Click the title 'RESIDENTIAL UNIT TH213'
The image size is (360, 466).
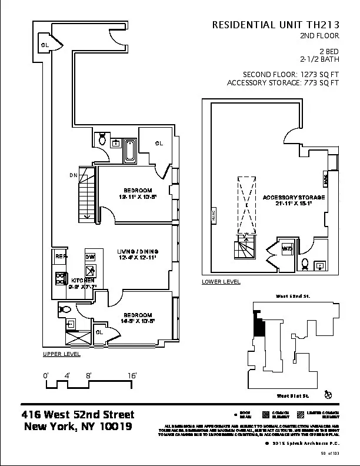tap(276, 25)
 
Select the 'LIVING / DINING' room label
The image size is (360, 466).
tap(138, 252)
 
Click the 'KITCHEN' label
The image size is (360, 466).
tap(81, 281)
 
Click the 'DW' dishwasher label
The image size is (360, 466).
tap(90, 257)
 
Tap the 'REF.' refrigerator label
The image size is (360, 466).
tap(61, 257)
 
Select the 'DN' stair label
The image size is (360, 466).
tap(73, 175)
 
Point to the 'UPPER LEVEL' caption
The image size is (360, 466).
tap(62, 354)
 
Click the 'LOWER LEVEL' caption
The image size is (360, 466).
tap(221, 282)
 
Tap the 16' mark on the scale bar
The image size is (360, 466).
tap(132, 375)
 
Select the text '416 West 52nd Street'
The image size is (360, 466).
tap(78, 415)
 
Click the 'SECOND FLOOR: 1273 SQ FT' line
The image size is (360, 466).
tap(292, 74)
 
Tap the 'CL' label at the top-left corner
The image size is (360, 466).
tap(44, 45)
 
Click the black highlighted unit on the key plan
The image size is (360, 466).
tap(258, 323)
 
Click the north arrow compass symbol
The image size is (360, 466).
tap(328, 394)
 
